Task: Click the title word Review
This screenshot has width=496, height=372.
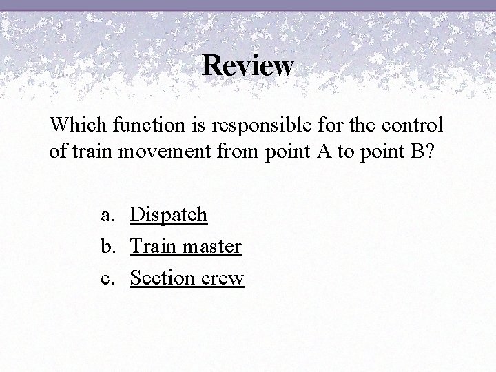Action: pos(248,66)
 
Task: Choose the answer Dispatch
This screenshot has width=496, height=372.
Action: pos(169,215)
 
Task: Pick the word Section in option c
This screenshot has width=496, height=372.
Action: pos(161,278)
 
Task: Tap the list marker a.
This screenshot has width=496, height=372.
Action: pos(107,215)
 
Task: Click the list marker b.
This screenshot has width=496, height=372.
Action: pos(107,246)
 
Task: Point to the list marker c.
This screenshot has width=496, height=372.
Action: pos(107,278)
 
